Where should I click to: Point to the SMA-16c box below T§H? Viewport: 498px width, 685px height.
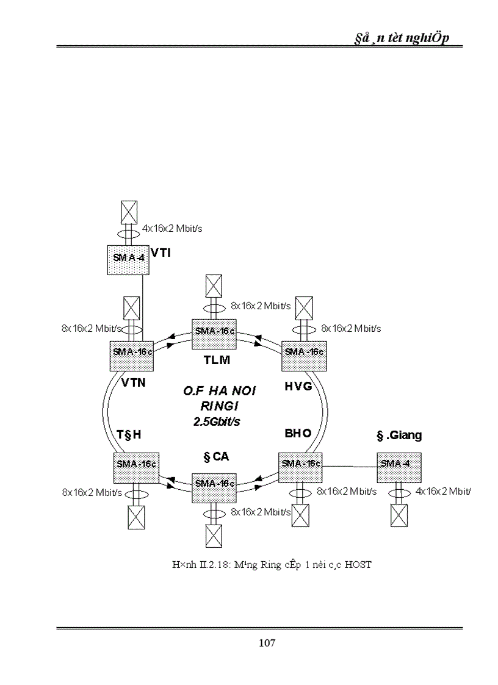(135, 465)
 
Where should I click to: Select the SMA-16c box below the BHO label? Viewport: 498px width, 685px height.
(301, 465)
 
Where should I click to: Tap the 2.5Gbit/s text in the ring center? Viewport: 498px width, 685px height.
(213, 421)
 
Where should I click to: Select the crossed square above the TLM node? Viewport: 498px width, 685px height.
(214, 285)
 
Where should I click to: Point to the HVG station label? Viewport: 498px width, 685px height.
(298, 386)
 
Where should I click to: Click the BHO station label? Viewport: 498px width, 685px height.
(298, 433)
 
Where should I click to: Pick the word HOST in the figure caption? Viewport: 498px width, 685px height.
(358, 565)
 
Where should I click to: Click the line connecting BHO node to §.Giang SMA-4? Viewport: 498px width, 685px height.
(349, 467)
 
